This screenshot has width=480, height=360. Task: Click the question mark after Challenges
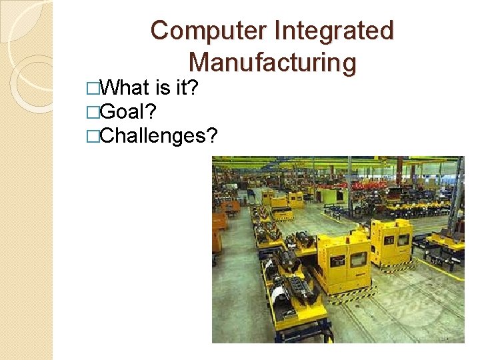213,136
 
